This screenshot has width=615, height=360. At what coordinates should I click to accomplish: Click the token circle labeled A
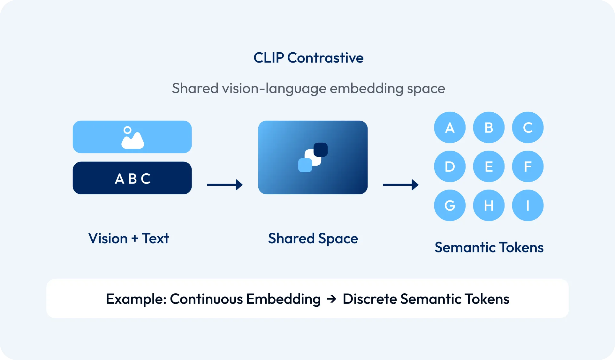(450, 127)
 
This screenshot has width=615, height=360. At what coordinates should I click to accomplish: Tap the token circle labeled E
(489, 166)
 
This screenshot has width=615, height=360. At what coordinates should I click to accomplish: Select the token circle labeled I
(528, 205)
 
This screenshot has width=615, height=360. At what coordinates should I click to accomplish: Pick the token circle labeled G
(450, 205)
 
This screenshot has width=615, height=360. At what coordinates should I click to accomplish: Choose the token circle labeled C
(528, 127)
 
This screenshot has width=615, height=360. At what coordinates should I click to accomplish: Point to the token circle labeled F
(528, 166)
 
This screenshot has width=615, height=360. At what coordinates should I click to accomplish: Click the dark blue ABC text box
(132, 178)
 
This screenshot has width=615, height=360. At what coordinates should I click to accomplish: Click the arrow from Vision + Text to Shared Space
(225, 184)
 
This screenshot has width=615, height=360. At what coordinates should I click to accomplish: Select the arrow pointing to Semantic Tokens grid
(400, 184)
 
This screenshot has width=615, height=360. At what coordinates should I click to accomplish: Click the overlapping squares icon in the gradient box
(313, 157)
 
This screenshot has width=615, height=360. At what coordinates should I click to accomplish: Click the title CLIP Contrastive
(308, 58)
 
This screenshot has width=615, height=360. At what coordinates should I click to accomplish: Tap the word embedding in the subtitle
(366, 88)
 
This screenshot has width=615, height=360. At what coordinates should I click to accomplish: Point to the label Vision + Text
(128, 238)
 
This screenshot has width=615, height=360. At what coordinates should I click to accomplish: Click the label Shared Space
(313, 238)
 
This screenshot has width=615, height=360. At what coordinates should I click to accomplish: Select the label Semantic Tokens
(489, 247)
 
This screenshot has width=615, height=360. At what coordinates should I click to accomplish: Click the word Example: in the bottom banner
(136, 299)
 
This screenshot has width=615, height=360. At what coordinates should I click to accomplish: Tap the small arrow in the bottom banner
(332, 299)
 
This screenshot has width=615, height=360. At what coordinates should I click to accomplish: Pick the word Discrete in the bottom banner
(369, 299)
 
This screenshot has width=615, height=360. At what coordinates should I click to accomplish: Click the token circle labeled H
(489, 205)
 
